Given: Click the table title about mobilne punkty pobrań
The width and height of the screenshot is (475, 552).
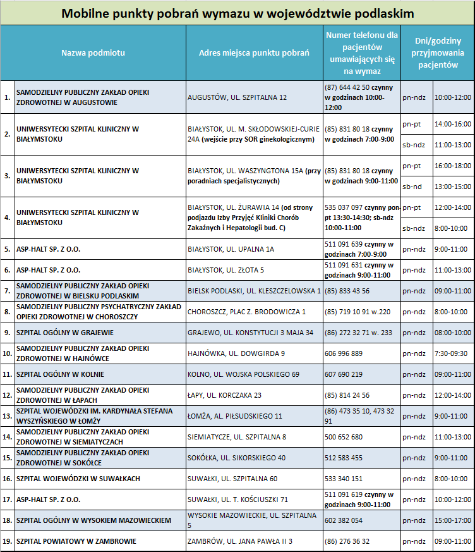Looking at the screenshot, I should [237, 13].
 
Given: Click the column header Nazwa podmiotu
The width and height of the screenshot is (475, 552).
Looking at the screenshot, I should [93, 52].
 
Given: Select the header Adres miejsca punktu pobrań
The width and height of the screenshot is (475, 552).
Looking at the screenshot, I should [253, 52].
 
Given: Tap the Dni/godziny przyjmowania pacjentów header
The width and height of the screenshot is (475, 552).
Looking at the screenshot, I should [437, 52].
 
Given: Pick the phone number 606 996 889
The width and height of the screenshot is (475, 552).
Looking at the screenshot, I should [344, 353].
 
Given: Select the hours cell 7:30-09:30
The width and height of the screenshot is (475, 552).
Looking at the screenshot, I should [453, 353].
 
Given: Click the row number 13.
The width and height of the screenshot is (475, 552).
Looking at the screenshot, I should [8, 416].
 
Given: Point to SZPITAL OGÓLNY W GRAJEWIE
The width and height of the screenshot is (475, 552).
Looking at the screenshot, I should [65, 332].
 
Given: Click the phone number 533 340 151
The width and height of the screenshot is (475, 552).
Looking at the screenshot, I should [344, 479].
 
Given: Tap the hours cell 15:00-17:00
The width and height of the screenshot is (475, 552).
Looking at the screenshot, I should [453, 520].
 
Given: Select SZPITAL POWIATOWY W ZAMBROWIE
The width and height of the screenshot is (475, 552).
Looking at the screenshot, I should [76, 541].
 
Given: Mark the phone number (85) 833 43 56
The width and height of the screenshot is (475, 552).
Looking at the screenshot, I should [347, 291].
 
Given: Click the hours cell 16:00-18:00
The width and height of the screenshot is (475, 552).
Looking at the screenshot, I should [453, 166].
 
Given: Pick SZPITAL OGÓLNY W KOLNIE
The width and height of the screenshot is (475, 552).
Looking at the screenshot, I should [61, 374].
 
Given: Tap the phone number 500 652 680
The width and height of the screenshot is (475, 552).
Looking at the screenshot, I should [344, 437].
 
